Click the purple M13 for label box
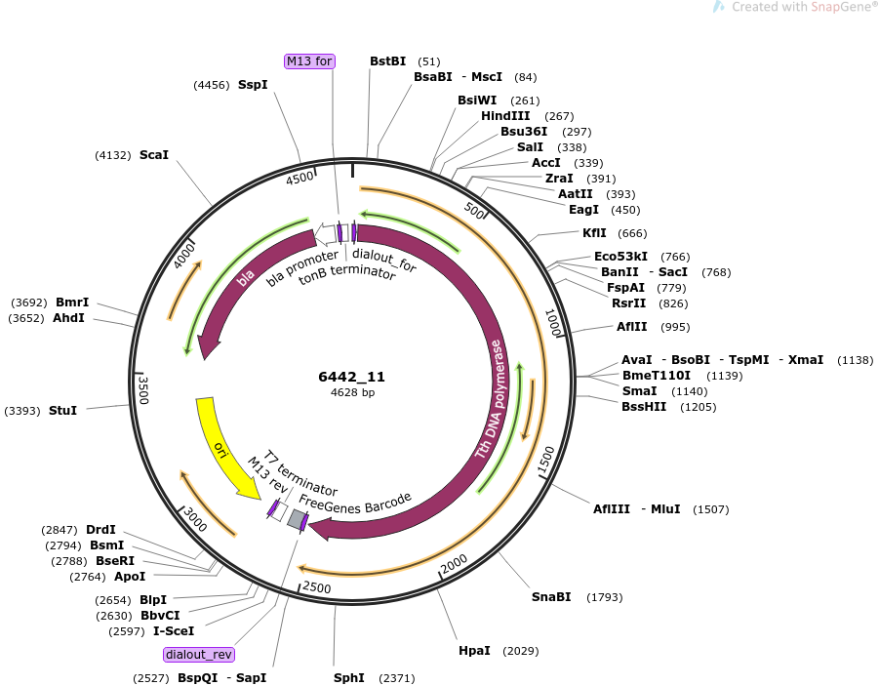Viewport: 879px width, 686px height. (309, 61)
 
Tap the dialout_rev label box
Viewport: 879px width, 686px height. (199, 655)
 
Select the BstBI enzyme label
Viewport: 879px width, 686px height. (388, 61)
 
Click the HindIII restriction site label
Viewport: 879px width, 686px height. (505, 115)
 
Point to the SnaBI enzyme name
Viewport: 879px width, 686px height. (551, 597)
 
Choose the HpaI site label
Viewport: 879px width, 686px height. (474, 651)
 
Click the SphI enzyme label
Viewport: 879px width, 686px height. (348, 677)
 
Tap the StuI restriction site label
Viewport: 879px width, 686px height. (62, 411)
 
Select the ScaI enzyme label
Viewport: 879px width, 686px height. (153, 155)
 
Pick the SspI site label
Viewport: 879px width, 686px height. (253, 85)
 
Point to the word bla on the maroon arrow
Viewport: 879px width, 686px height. (245, 278)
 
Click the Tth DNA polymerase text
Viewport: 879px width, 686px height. (491, 399)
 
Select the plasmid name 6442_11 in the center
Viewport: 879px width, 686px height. (351, 377)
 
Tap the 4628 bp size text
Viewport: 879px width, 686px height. (352, 392)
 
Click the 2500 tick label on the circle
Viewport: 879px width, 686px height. (316, 587)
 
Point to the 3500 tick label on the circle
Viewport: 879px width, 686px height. (143, 389)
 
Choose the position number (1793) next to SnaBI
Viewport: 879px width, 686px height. (604, 597)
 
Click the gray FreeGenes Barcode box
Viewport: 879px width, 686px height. (296, 519)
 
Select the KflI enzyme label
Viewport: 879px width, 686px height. (594, 233)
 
